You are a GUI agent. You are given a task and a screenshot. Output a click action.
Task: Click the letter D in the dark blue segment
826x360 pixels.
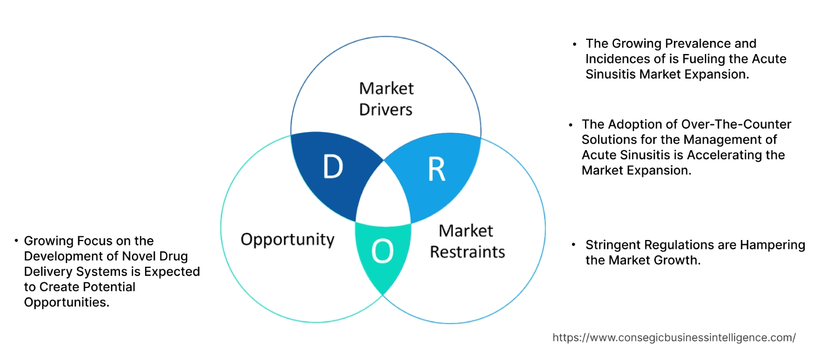click(x=333, y=167)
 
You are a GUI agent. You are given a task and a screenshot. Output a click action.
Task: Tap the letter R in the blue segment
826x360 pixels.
click(x=436, y=170)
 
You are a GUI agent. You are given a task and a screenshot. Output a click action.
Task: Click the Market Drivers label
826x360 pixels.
click(x=386, y=99)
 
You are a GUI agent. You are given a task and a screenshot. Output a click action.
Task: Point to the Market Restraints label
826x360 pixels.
click(x=467, y=241)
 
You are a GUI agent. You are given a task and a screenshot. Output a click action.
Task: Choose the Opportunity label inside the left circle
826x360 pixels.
click(x=287, y=239)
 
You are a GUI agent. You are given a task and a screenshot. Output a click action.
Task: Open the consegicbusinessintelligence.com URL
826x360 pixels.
click(x=674, y=338)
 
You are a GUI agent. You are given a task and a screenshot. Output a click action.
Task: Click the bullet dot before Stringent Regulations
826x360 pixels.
click(x=574, y=245)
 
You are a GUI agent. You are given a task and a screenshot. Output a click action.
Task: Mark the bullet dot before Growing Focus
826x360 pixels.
click(x=16, y=241)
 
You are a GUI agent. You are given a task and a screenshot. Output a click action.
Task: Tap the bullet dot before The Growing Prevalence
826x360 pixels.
click(x=574, y=44)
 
